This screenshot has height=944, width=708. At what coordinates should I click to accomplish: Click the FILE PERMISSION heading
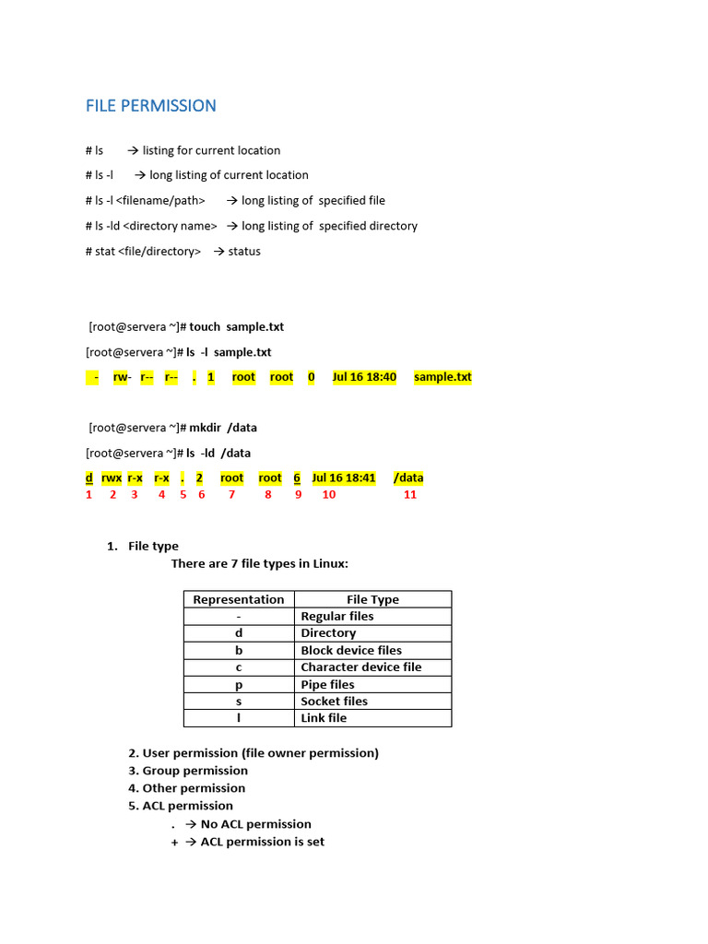pyautogui.click(x=150, y=106)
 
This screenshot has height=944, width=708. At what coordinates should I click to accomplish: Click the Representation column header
pyautogui.click(x=238, y=599)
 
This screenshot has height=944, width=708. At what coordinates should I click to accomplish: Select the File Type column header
pyautogui.click(x=372, y=599)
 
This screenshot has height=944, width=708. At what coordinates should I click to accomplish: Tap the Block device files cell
pyautogui.click(x=351, y=650)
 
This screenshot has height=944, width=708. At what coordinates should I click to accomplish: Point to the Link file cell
pyautogui.click(x=324, y=717)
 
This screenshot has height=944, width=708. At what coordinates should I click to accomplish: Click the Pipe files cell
pyautogui.click(x=327, y=684)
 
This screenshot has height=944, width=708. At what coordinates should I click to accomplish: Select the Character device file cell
pyautogui.click(x=360, y=667)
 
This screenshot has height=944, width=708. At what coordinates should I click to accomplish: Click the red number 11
pyautogui.click(x=410, y=495)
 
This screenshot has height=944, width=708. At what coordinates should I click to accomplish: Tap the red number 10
pyautogui.click(x=329, y=495)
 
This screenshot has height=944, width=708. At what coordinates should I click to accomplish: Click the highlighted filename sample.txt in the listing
pyautogui.click(x=442, y=377)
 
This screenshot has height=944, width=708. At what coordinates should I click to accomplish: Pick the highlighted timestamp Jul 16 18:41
pyautogui.click(x=344, y=478)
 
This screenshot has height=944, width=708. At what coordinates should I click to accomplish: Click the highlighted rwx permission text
pyautogui.click(x=112, y=478)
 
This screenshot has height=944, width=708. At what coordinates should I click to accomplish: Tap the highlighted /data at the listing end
pyautogui.click(x=408, y=478)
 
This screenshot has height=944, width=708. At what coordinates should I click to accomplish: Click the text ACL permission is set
pyautogui.click(x=263, y=842)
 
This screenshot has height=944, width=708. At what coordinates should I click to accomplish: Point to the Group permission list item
pyautogui.click(x=188, y=771)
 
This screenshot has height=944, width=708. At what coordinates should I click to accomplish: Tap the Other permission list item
pyautogui.click(x=187, y=788)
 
